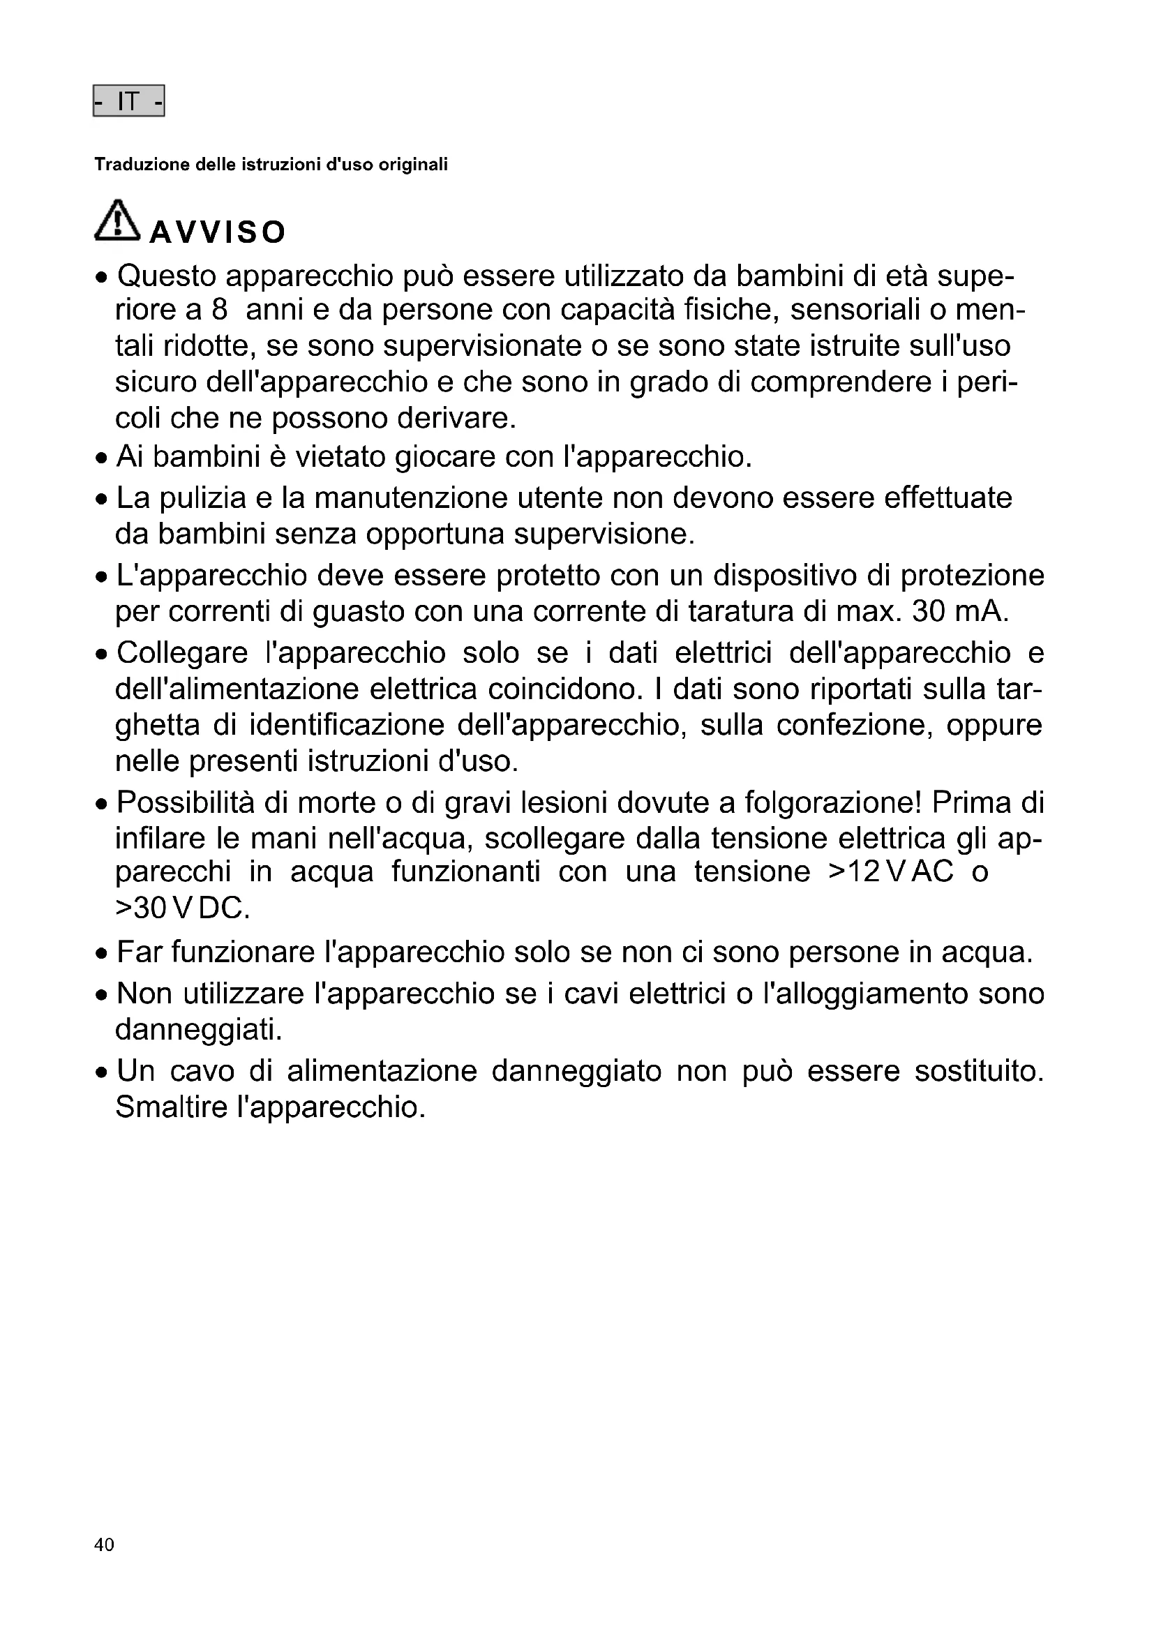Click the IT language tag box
[x=128, y=101]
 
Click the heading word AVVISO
[x=218, y=232]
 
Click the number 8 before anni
[x=219, y=310]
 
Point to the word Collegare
[x=182, y=652]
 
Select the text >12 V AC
[x=891, y=871]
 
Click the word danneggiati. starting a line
[x=199, y=1029]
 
